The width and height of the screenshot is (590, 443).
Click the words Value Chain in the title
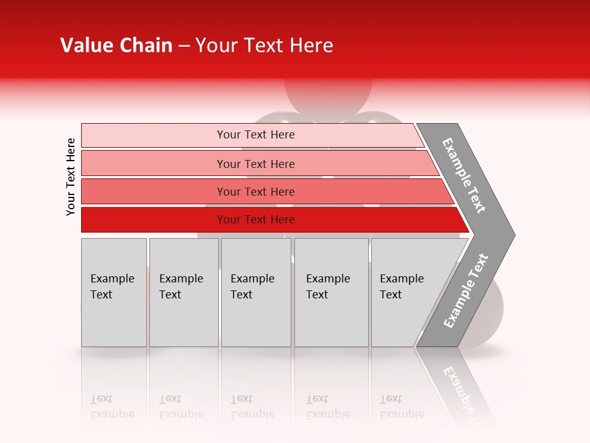pyautogui.click(x=116, y=46)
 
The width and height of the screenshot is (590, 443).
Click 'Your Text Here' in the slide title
pyautogui.click(x=264, y=46)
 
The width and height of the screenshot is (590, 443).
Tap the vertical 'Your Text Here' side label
pyautogui.click(x=71, y=177)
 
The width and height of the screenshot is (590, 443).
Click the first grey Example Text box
pyautogui.click(x=114, y=320)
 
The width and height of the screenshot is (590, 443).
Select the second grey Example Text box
pyautogui.click(x=184, y=320)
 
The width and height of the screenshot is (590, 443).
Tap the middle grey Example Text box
pyautogui.click(x=256, y=320)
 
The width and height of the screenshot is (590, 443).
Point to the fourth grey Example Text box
pyautogui.click(x=331, y=320)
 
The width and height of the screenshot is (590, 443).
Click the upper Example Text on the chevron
pyautogui.click(x=464, y=175)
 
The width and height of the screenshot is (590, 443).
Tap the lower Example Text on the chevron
pyautogui.click(x=466, y=291)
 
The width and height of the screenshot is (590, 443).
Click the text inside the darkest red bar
pyautogui.click(x=256, y=220)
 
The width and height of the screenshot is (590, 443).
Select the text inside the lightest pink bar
pyautogui.click(x=256, y=135)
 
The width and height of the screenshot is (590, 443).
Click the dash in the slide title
pyautogui.click(x=184, y=46)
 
